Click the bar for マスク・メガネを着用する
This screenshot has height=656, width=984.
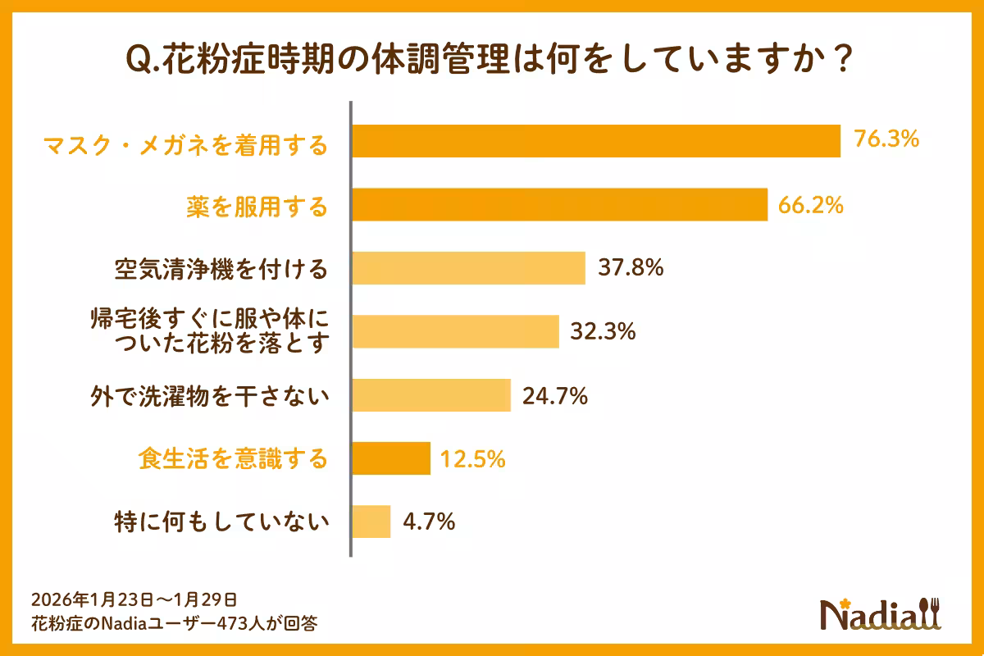[x=596, y=141]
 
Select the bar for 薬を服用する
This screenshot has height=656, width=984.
[x=559, y=204]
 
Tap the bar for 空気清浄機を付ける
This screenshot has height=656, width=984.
[x=468, y=268]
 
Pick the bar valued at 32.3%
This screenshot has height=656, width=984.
[x=455, y=331]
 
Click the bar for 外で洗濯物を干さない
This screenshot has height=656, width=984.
[x=431, y=395]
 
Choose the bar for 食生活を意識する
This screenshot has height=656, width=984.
[x=391, y=458]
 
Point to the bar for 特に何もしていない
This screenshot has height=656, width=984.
[x=371, y=522]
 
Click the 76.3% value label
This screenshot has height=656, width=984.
[x=886, y=140]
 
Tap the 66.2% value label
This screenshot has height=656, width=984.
[x=812, y=204]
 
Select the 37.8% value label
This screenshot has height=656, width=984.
[x=631, y=267]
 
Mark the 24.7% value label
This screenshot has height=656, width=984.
[x=555, y=395]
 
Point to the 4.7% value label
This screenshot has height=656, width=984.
[x=429, y=522]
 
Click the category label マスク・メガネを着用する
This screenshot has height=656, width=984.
[x=184, y=146]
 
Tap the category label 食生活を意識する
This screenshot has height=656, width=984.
[x=232, y=459]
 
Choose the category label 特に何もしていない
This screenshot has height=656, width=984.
[x=221, y=522]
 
